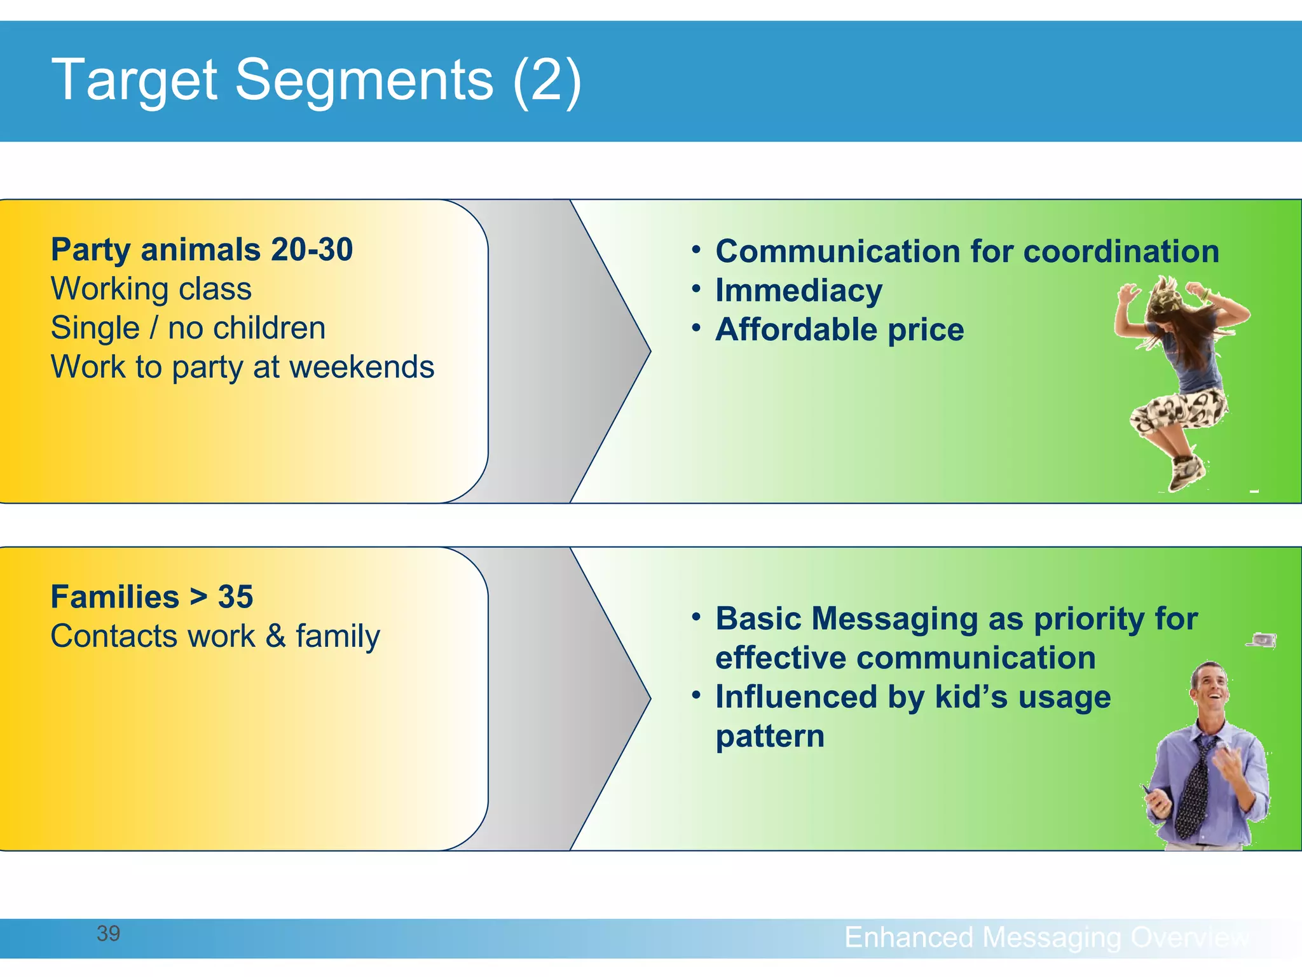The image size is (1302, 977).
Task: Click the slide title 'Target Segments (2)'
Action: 316,81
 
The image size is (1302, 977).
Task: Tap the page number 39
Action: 108,933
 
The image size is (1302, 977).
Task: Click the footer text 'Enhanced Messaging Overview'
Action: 1046,937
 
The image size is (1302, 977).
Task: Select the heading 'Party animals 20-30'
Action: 202,249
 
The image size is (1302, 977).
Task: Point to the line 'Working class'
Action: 151,289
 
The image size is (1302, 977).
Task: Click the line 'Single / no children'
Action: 188,328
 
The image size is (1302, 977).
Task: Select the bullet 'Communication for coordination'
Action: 967,251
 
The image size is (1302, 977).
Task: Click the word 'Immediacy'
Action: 798,291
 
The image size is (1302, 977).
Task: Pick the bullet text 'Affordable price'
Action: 839,330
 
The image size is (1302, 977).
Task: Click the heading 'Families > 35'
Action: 152,597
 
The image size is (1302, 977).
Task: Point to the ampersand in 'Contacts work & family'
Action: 275,636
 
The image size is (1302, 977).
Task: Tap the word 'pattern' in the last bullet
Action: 770,737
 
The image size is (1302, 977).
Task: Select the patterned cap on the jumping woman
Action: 1165,298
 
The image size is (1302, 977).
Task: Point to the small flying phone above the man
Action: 1262,640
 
